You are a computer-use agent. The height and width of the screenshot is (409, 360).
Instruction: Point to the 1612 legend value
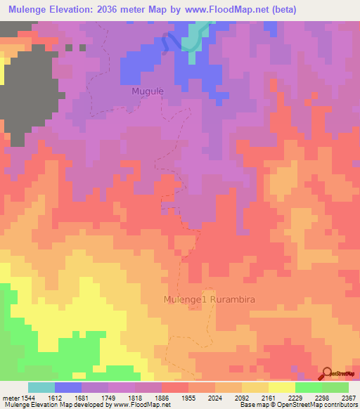[67, 398]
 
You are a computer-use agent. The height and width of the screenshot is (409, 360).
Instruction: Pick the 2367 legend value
[348, 398]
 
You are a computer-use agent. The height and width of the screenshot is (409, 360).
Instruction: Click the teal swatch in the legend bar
[41, 387]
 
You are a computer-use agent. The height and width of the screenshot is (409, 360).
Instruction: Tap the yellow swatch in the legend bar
[282, 387]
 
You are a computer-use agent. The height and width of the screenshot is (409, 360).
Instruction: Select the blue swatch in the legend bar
[68, 387]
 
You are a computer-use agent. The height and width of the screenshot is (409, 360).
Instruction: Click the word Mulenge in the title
[30, 10]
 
